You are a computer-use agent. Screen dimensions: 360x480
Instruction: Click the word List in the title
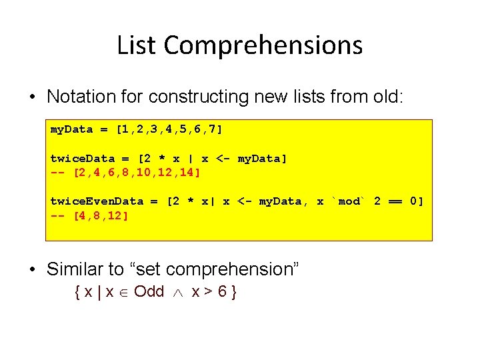coord(137,45)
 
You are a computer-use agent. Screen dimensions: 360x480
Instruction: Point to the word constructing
coord(199,97)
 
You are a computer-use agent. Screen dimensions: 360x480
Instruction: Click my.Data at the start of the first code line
coord(72,129)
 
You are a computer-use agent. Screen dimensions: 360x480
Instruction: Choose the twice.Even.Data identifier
coord(97,201)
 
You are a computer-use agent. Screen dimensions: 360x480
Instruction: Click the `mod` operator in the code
coord(349,201)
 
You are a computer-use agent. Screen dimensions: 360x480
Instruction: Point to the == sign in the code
coord(396,201)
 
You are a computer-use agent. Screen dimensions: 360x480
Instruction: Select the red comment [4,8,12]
coord(101,216)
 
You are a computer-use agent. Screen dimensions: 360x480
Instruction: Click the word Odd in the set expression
coord(149,291)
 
